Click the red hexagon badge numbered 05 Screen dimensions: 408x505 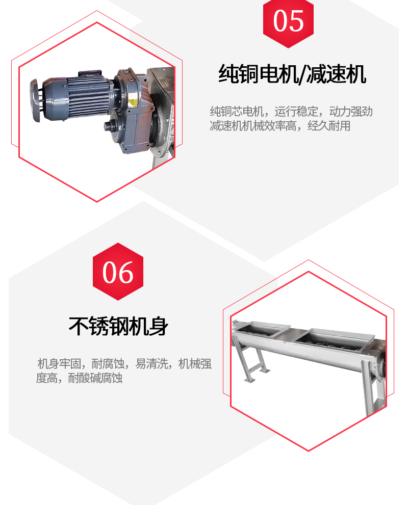288,22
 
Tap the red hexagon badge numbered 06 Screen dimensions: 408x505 118,272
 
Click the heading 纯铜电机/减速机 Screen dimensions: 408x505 292,74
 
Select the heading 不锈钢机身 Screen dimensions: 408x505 118,326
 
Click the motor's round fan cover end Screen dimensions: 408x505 36,100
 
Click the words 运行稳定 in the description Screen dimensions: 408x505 296,112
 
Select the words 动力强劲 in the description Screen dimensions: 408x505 351,112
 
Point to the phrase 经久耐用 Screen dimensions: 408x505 329,126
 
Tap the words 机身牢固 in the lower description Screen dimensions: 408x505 59,364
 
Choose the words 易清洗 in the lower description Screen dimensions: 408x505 152,364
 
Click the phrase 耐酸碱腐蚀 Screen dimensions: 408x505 95,378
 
